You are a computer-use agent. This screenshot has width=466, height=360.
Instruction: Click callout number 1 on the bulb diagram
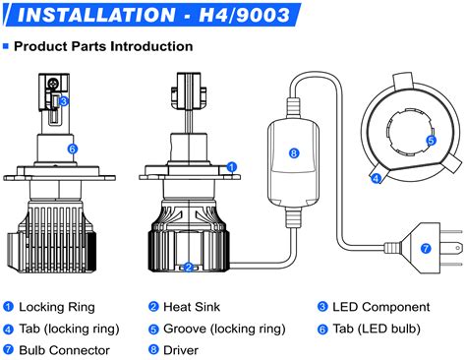[232, 167]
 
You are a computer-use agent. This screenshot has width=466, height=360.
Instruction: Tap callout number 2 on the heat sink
[188, 268]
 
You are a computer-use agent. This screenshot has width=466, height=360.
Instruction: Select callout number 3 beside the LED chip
[64, 101]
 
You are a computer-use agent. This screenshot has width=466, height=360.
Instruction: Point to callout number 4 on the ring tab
[376, 178]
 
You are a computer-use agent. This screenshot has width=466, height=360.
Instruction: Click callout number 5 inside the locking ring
[432, 141]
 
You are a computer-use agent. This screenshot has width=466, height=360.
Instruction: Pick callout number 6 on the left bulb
[73, 150]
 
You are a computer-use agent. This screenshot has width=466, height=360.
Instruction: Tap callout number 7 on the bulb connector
[426, 248]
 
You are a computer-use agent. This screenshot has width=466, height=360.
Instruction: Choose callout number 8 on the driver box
[294, 153]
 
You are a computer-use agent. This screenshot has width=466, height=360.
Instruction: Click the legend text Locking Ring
[57, 307]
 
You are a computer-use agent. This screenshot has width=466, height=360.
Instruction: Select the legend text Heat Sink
[192, 307]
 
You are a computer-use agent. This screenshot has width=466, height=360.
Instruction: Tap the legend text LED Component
[381, 307]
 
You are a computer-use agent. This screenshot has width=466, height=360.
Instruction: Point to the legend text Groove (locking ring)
[224, 329]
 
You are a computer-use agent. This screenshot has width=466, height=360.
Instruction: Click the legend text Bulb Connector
[64, 350]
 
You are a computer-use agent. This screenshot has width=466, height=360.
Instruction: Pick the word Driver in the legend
[181, 350]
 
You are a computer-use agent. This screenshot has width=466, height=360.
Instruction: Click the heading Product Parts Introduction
[103, 46]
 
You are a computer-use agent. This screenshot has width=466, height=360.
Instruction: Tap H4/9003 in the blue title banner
[245, 15]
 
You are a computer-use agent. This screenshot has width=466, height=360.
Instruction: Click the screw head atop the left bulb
[53, 84]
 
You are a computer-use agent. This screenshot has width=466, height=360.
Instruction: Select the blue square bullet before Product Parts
[6, 46]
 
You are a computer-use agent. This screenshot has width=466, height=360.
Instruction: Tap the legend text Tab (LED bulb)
[377, 329]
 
